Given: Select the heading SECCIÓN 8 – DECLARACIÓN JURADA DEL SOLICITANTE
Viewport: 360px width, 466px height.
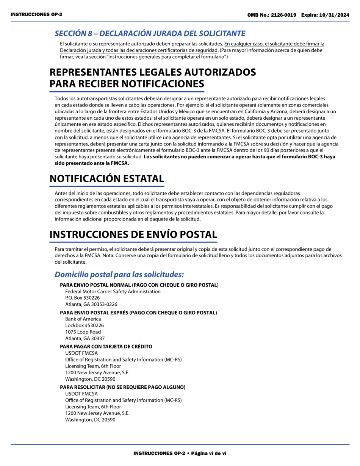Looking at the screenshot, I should tap(150, 33).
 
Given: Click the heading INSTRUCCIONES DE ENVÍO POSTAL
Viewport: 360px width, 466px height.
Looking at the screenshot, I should tap(133, 235).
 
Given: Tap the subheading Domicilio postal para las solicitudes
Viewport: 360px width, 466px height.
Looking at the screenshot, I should tap(119, 274).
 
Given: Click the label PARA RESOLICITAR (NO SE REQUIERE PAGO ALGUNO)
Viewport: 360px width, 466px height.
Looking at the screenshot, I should tap(122, 387).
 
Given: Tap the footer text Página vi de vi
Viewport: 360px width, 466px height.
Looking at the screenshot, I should tap(208, 453).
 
